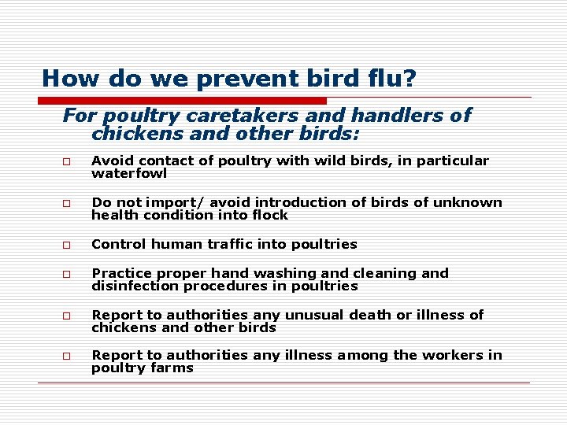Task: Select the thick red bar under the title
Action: (x=182, y=101)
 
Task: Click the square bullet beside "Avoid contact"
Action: (x=68, y=161)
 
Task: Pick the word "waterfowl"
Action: (x=129, y=173)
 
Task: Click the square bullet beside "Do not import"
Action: (x=68, y=203)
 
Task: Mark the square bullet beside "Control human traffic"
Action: (x=68, y=245)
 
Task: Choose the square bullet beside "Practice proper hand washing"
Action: (x=68, y=274)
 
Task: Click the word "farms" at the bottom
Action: (x=174, y=368)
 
